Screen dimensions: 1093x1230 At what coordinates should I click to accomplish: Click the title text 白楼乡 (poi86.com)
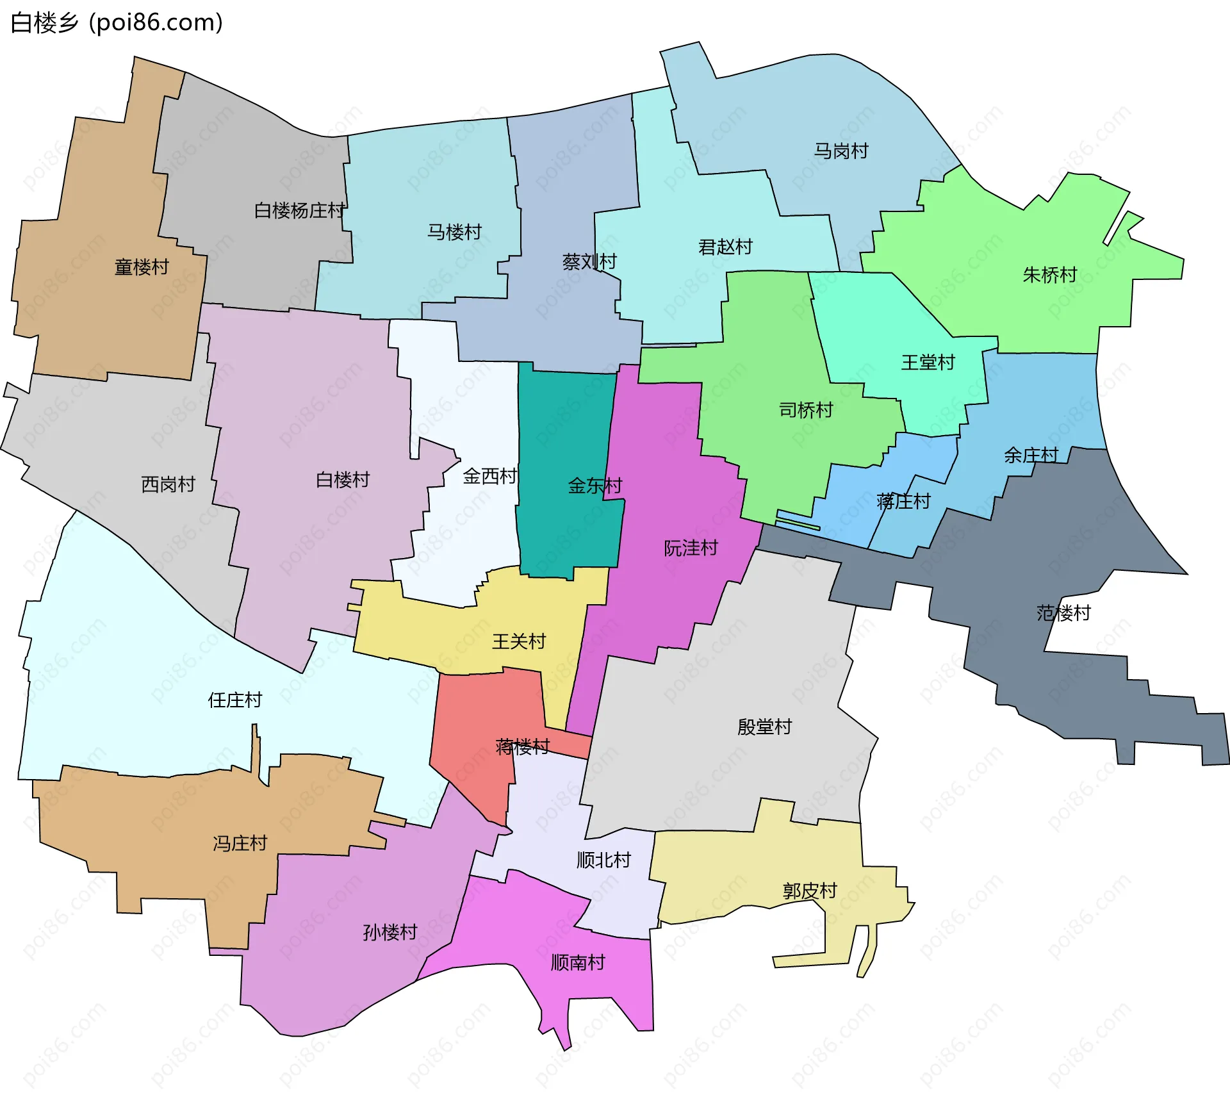(117, 23)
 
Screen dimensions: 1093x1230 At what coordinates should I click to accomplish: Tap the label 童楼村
(142, 267)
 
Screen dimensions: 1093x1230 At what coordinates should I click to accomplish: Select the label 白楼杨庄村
(299, 210)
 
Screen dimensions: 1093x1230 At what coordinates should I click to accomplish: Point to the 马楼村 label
(454, 232)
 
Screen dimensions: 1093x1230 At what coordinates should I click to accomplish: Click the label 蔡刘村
(589, 261)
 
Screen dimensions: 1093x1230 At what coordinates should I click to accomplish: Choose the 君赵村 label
(725, 247)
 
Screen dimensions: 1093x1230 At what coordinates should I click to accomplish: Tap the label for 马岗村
(840, 151)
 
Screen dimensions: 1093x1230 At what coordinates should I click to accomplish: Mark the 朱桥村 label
(1049, 275)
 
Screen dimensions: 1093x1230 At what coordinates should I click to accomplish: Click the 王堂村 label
(928, 363)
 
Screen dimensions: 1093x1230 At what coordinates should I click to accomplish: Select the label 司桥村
(805, 410)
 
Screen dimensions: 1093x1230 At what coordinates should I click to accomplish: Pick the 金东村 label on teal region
(594, 486)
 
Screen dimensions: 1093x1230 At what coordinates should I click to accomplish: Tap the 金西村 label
(489, 476)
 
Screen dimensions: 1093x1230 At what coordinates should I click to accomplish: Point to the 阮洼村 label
(691, 548)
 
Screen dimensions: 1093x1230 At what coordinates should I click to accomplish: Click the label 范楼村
(1063, 613)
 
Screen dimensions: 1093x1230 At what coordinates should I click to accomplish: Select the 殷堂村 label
(764, 727)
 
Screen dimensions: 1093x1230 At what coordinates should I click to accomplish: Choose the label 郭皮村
(810, 891)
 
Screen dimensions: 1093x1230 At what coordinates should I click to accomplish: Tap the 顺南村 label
(578, 962)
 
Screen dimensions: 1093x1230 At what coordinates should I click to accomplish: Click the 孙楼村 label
(389, 932)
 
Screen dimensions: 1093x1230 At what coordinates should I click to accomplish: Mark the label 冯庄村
(240, 843)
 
